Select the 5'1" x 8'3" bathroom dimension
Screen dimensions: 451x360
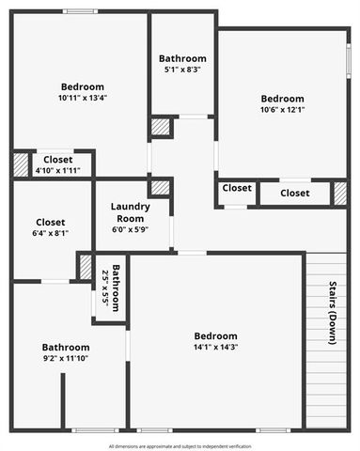182,69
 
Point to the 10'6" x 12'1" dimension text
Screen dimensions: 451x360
282,110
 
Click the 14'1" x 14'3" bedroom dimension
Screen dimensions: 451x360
215,348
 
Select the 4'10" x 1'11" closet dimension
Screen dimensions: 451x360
56,170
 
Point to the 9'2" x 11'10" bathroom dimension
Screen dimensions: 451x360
65,358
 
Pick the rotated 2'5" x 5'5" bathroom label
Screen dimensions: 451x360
111,288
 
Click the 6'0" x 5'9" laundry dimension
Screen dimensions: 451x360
130,229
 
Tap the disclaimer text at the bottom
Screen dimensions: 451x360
180,445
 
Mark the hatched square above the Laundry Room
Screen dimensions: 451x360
160,187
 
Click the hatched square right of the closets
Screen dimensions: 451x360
340,193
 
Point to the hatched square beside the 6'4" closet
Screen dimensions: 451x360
86,266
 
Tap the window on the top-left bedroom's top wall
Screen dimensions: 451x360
81,11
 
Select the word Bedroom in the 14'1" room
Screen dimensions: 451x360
215,335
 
